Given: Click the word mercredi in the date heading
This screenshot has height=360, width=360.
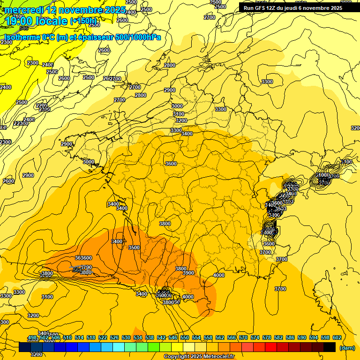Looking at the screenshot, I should coord(24,10).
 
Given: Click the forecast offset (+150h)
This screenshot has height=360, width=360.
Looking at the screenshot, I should coord(83,21).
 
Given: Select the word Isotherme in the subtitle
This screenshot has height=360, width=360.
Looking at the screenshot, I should coord(22,37).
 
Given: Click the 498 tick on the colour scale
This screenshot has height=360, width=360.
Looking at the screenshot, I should coord(32,337).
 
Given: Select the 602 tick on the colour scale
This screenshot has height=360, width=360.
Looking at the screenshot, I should coord(337,337).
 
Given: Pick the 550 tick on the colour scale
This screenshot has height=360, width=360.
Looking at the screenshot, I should coord(184,337).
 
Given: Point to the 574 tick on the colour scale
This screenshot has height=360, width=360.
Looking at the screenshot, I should coord(255,337).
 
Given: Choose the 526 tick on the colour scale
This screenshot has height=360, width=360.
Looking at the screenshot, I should coord(114,337).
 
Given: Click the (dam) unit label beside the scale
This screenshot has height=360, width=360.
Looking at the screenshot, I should coord(347,348).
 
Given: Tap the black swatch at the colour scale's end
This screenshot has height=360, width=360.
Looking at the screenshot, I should coord(330,347).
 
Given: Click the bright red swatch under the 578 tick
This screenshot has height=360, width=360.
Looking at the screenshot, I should coord(271,347).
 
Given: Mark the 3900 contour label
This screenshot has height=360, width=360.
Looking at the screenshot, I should coord(188,273).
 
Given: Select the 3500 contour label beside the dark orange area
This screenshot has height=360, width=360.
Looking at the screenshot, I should coord(134,247).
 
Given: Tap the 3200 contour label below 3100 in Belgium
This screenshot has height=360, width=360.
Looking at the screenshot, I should coord(181,120).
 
